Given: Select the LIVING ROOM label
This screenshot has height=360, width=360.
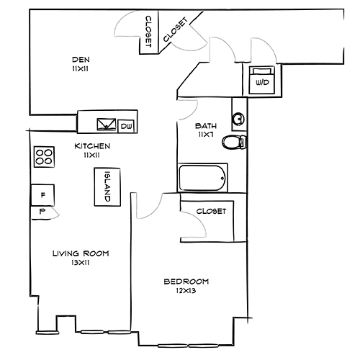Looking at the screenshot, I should pos(80,253).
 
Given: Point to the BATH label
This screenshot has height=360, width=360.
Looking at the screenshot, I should pos(205,125).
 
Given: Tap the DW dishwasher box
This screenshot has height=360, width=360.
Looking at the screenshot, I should pos(125,126).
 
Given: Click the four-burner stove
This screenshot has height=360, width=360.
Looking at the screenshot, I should pos(44,156).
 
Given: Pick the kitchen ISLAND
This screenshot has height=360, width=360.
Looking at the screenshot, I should pos(106,186).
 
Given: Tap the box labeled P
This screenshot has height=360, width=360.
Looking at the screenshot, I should pos(42,212).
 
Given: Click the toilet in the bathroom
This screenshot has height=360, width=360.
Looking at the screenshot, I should pos(233,141).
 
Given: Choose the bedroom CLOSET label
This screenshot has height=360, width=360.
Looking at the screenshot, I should pos(212,211).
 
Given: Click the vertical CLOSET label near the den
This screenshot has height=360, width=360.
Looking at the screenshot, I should pos(148,32).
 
